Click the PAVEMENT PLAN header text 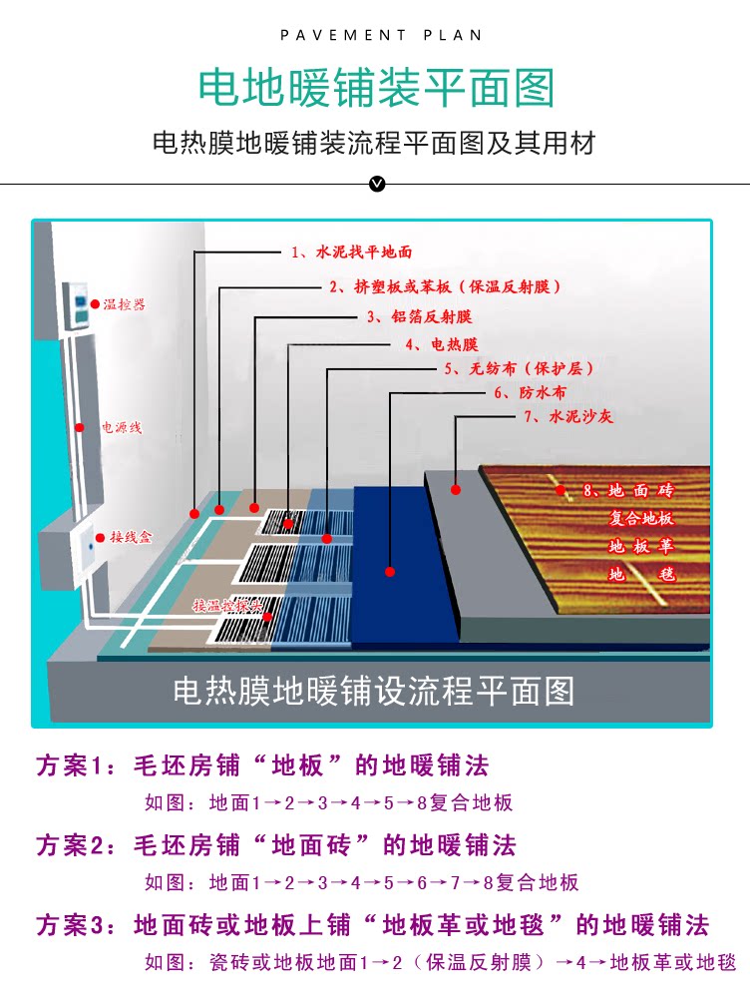(x=381, y=35)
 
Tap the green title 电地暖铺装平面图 (x=375, y=88)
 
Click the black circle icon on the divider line (x=376, y=184)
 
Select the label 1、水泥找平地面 (x=351, y=252)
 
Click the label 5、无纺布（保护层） (x=508, y=369)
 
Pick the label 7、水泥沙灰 (x=566, y=417)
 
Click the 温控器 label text (x=124, y=303)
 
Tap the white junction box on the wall (x=68, y=549)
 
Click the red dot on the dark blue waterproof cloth (x=390, y=571)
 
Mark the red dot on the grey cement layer (x=456, y=489)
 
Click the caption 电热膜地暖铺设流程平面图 (x=374, y=692)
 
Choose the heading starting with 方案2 (x=276, y=845)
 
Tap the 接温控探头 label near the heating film (x=226, y=606)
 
